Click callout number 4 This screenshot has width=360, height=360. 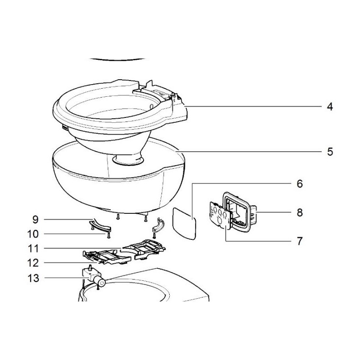tap(330, 107)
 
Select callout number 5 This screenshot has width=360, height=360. tap(330, 151)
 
